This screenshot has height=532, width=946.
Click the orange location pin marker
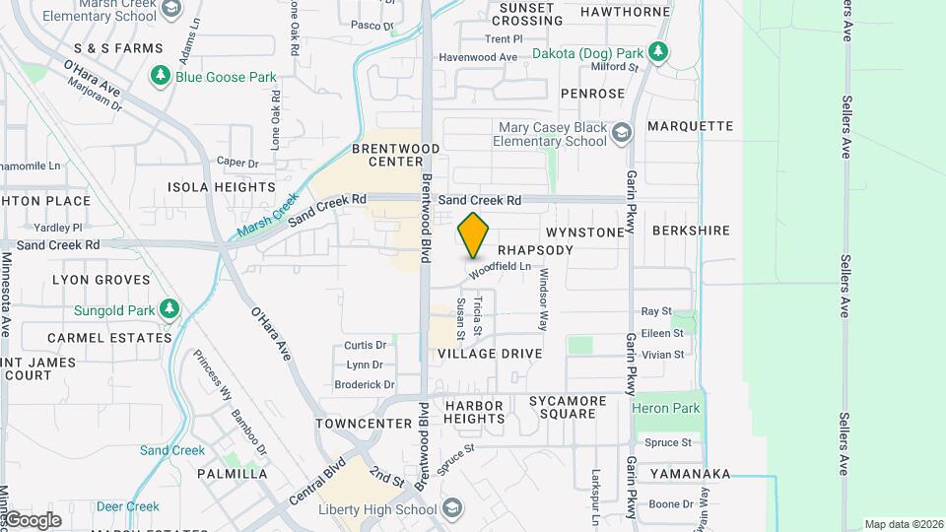pyautogui.click(x=474, y=235)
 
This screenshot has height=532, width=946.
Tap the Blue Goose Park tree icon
pyautogui.click(x=160, y=76)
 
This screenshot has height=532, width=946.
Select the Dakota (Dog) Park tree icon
pyautogui.click(x=658, y=52)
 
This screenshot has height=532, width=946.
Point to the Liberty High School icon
pyautogui.click(x=452, y=508)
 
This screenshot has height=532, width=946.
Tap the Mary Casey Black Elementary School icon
pyautogui.click(x=621, y=133)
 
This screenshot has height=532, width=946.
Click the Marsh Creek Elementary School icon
pyautogui.click(x=170, y=9)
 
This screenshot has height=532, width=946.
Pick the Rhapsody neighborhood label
pyautogui.click(x=535, y=250)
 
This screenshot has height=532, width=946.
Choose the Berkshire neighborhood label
pyautogui.click(x=691, y=231)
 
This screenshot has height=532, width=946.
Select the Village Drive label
pyautogui.click(x=490, y=354)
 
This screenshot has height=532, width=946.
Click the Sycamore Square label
pyautogui.click(x=562, y=407)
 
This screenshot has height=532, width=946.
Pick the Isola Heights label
pyautogui.click(x=222, y=187)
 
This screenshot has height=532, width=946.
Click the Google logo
pyautogui.click(x=32, y=519)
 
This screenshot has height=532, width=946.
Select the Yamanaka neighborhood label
pyautogui.click(x=690, y=474)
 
